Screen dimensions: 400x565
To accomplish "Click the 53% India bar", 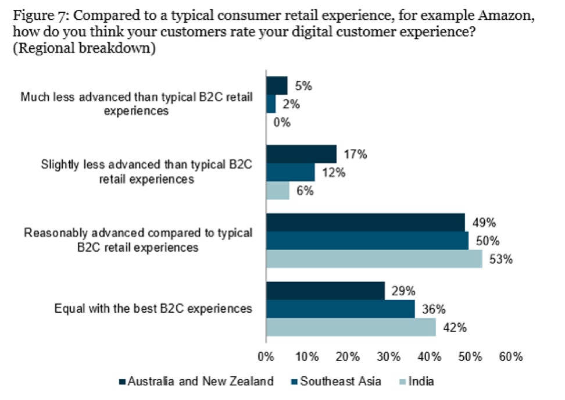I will (374, 259).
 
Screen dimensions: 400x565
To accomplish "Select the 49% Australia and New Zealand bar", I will (365, 223).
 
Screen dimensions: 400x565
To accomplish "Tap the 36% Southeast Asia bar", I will (340, 309).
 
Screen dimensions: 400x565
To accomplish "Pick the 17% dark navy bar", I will (301, 154).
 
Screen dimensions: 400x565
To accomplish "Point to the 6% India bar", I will (277, 191).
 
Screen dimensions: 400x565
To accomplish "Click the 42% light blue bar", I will (351, 327).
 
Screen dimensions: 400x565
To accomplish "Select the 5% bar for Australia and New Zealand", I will (276, 86).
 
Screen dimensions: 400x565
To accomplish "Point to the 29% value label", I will (400, 291).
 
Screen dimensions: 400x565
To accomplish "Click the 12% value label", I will (330, 173).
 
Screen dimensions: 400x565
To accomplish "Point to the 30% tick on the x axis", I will (388, 356).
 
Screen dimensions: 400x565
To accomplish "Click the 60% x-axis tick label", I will (511, 356).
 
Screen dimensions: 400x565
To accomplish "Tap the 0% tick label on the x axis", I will (266, 356).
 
